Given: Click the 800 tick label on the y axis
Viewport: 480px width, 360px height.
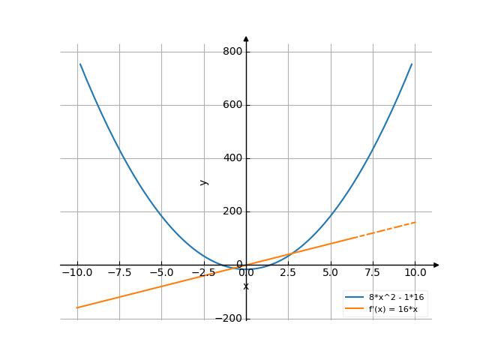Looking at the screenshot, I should [x=232, y=52].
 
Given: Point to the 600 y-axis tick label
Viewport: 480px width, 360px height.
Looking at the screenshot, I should [x=232, y=105].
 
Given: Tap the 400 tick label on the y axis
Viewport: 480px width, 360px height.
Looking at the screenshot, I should [x=232, y=158].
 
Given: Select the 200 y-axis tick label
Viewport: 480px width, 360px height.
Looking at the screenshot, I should [x=232, y=211].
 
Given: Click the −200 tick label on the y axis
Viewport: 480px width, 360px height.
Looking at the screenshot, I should [x=228, y=318].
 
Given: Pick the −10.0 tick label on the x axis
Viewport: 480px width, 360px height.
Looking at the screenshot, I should [x=76, y=272].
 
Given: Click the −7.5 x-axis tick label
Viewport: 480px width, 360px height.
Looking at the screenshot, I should [x=118, y=272].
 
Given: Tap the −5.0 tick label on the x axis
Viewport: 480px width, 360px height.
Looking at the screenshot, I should [x=161, y=272].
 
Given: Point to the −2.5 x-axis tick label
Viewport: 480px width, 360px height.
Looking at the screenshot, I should [x=203, y=272].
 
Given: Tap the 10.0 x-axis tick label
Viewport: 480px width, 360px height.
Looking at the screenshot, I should [x=415, y=272].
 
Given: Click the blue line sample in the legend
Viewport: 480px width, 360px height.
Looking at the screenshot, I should [x=354, y=297].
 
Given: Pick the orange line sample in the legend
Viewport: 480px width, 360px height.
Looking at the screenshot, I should [x=354, y=308].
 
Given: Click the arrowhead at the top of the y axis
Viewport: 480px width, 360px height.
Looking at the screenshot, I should [x=246, y=37].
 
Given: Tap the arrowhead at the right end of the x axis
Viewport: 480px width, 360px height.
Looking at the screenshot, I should [x=436, y=265].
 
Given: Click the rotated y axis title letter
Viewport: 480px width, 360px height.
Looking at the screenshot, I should [x=203, y=181].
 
